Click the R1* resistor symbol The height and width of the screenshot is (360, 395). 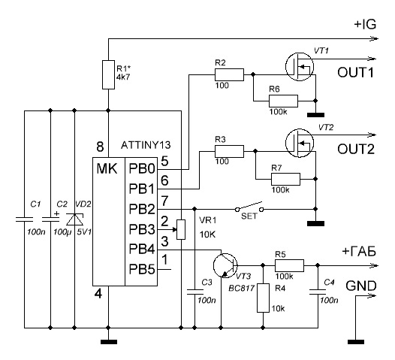click(108, 74)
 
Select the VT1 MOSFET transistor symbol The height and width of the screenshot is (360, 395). click(300, 67)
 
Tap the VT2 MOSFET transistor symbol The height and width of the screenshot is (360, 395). click(300, 143)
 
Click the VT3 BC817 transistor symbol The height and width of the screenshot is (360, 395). click(225, 265)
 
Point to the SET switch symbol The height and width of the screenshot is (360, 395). click(249, 207)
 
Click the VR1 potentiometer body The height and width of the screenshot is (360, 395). click(181, 229)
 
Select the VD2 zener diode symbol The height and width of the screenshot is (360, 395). click(74, 219)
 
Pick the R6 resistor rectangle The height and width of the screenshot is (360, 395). click(283, 101)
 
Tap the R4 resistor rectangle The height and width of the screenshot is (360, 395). click(263, 298)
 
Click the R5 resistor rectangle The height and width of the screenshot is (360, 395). click(289, 265)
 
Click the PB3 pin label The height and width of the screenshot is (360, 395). click(142, 229)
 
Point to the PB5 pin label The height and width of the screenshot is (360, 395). click(142, 269)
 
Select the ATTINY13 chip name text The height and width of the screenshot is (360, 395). click(146, 145)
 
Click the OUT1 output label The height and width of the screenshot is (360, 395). click(356, 73)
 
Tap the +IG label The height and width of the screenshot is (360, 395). click(365, 25)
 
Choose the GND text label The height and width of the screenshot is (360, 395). click(361, 286)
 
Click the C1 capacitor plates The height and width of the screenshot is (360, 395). click(25, 219)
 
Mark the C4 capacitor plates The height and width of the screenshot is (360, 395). click(318, 292)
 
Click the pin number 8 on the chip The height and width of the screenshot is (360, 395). click(100, 147)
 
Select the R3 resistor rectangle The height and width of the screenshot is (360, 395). click(229, 151)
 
